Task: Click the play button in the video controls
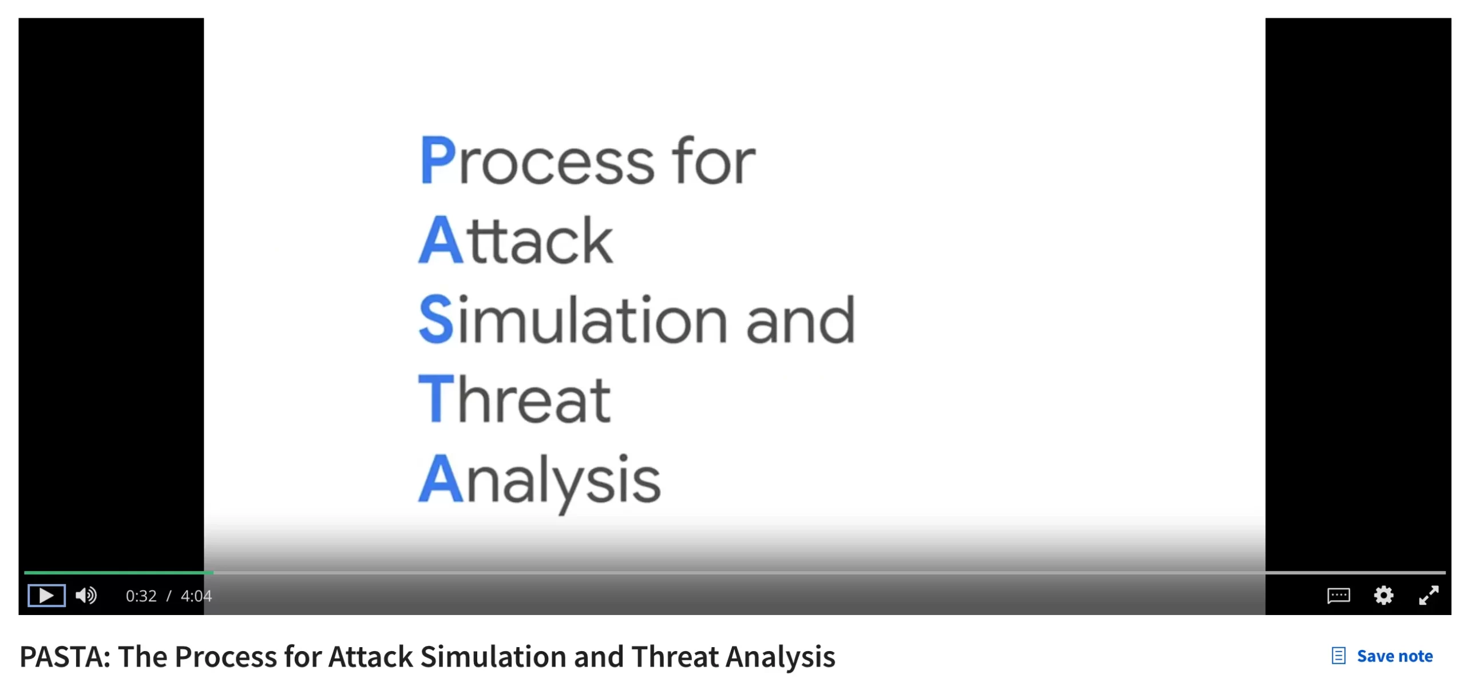click(x=46, y=596)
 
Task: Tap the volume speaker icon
click(x=86, y=596)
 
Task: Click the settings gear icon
click(x=1384, y=596)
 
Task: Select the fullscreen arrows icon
click(x=1429, y=596)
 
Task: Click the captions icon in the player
click(x=1339, y=596)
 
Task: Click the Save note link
click(x=1395, y=656)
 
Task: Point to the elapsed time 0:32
click(x=141, y=596)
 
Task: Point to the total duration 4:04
click(x=196, y=596)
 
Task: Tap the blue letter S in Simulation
click(x=436, y=319)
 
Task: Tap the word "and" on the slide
click(x=801, y=319)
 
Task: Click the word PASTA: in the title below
click(x=65, y=656)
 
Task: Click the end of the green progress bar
click(x=213, y=572)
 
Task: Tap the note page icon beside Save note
click(x=1339, y=656)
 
